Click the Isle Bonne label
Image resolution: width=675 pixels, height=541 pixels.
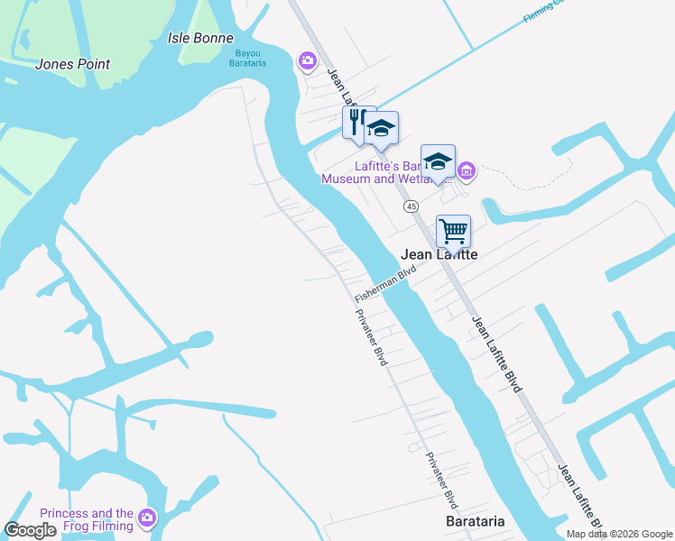tap(200, 39)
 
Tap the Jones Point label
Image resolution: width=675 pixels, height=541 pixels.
tap(72, 64)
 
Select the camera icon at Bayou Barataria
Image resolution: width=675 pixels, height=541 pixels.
tap(308, 61)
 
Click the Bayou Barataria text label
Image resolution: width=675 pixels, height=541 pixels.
tap(245, 58)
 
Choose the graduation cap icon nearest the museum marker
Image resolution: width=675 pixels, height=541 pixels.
tap(438, 162)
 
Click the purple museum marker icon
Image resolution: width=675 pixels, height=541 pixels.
tap(466, 170)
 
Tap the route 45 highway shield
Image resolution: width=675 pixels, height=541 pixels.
tap(411, 206)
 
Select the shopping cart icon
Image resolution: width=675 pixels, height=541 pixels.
tap(453, 231)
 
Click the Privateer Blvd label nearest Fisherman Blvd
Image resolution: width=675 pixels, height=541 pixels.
tap(371, 336)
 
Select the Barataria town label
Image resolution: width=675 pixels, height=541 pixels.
tap(475, 522)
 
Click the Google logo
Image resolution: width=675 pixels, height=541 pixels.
tap(31, 530)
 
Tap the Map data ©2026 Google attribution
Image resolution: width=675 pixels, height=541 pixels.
tap(619, 534)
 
